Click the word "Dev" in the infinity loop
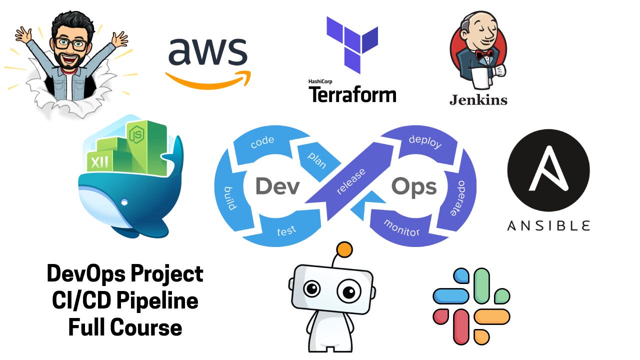[x=277, y=186]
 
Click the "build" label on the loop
[x=233, y=198]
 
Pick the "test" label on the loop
[x=286, y=230]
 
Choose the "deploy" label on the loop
[x=425, y=141]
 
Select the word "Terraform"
[x=352, y=94]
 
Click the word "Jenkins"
[x=478, y=99]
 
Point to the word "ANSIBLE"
[x=548, y=225]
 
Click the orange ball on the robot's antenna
[x=344, y=249]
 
